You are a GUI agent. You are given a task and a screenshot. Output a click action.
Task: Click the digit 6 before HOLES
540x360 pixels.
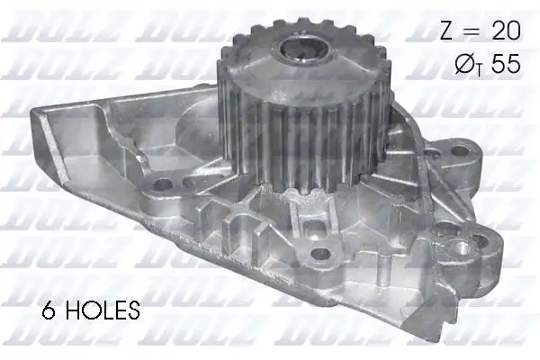pos(49,312)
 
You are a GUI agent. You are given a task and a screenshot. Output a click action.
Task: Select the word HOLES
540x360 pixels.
pos(103,312)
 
